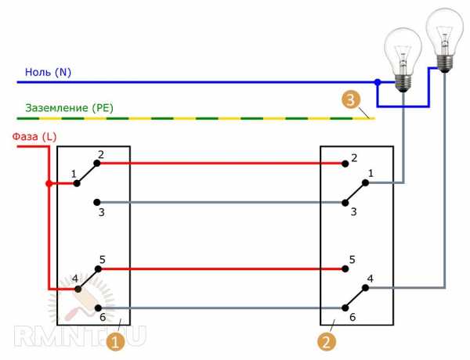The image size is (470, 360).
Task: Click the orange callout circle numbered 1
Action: pyautogui.click(x=115, y=342)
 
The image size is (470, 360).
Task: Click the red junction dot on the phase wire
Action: pyautogui.click(x=48, y=184)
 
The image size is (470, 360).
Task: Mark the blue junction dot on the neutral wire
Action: pyautogui.click(x=377, y=81)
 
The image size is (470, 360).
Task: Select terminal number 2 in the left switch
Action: pyautogui.click(x=101, y=155)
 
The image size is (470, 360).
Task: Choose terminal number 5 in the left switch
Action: pyautogui.click(x=102, y=257)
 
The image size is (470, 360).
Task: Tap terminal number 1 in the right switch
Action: pyautogui.click(x=371, y=172)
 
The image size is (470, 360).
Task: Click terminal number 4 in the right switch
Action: pyautogui.click(x=369, y=278)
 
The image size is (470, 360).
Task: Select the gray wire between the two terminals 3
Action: pyautogui.click(x=219, y=202)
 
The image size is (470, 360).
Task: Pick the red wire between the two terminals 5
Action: pyautogui.click(x=219, y=269)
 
